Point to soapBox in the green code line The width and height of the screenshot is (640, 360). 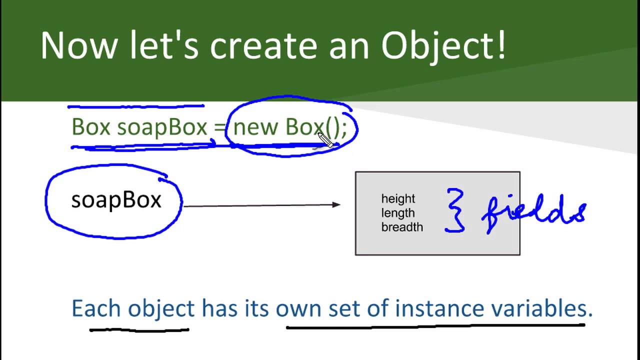click(161, 127)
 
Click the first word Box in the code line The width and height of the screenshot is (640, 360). click(90, 127)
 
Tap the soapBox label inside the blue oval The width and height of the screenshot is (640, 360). click(116, 200)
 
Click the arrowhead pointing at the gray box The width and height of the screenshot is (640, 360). click(336, 204)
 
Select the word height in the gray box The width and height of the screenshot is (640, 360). click(398, 199)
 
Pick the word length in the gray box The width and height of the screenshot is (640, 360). click(398, 213)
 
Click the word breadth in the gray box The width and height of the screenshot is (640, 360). click(402, 227)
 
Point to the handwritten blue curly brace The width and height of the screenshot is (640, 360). click(455, 210)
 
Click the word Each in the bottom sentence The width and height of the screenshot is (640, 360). click(96, 308)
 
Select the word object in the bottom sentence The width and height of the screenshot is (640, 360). click(161, 309)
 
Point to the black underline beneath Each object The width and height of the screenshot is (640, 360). click(139, 329)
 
